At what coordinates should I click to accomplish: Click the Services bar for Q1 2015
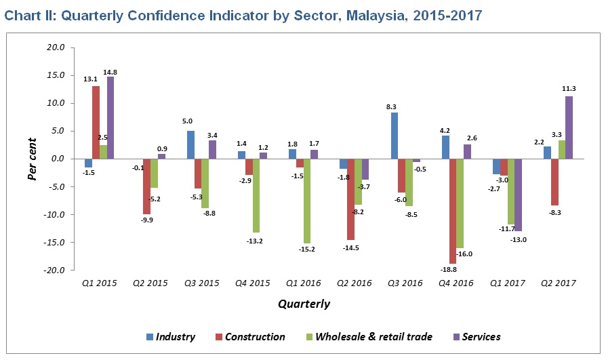pyautogui.click(x=110, y=118)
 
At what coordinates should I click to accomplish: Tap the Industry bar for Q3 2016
pyautogui.click(x=395, y=136)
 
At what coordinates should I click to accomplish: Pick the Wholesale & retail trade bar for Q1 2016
pyautogui.click(x=307, y=201)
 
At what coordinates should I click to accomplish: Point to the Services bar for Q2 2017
pyautogui.click(x=569, y=127)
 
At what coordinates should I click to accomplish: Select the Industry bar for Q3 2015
pyautogui.click(x=190, y=145)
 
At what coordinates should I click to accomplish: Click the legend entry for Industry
pyautogui.click(x=170, y=337)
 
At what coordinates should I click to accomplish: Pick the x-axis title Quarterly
pyautogui.click(x=304, y=304)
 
